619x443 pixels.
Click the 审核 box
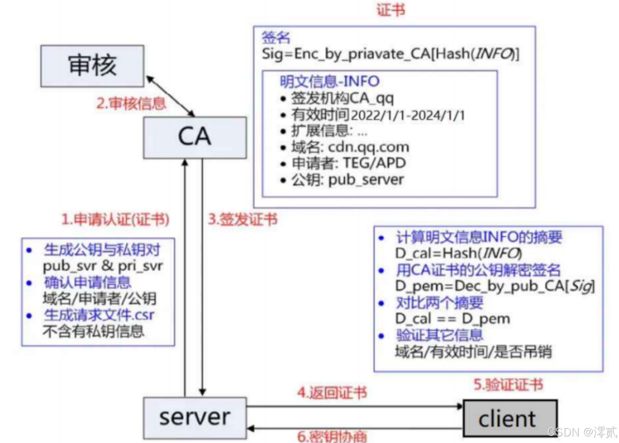[92, 66]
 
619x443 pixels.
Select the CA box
[195, 137]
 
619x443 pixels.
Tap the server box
[195, 418]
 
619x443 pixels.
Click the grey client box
[510, 419]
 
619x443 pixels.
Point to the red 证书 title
[391, 10]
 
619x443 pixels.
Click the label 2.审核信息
[131, 103]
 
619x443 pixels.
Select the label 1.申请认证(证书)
[115, 219]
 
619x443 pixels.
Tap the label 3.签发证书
[243, 219]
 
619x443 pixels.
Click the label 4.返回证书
[332, 393]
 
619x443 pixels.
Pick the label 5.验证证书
[508, 385]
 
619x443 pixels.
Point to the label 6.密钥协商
[332, 436]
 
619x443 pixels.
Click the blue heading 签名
[276, 38]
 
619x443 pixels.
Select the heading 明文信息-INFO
[329, 81]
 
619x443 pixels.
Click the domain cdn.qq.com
[368, 147]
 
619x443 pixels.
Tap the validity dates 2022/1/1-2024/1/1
[408, 115]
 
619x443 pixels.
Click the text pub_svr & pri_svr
[103, 266]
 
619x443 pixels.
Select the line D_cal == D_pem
[452, 318]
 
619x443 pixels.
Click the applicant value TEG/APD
[375, 163]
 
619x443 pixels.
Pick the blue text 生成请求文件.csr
[99, 315]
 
